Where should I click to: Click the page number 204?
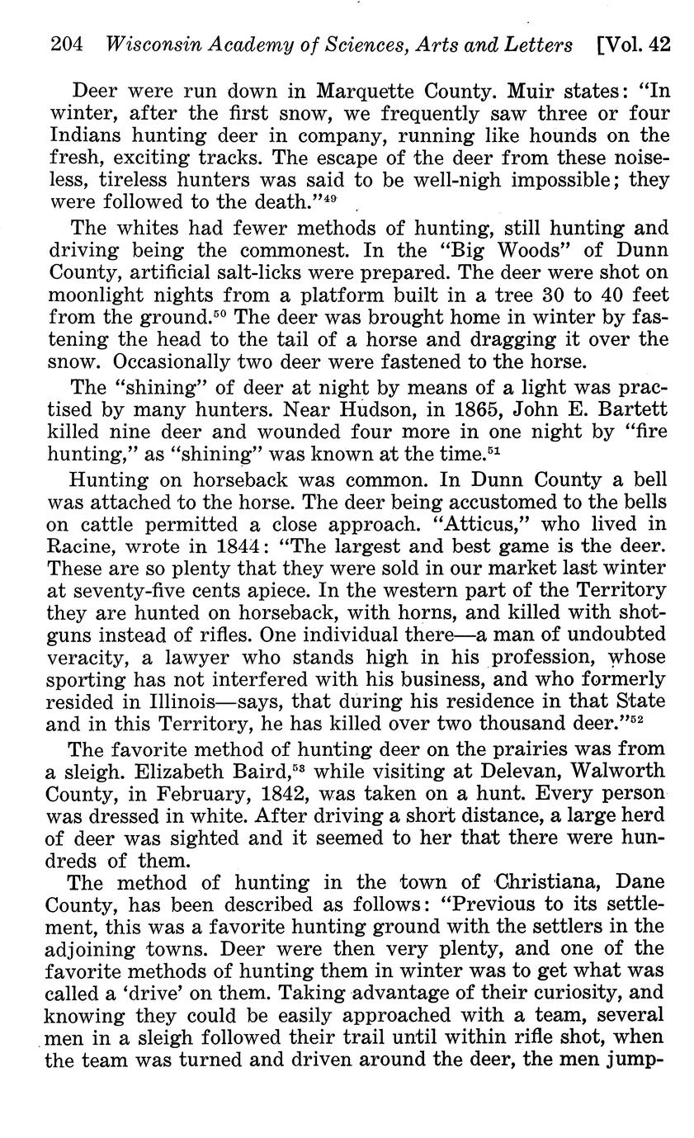point(67,45)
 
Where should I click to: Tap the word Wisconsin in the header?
point(149,45)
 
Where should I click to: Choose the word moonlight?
point(100,294)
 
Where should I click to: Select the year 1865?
point(478,409)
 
